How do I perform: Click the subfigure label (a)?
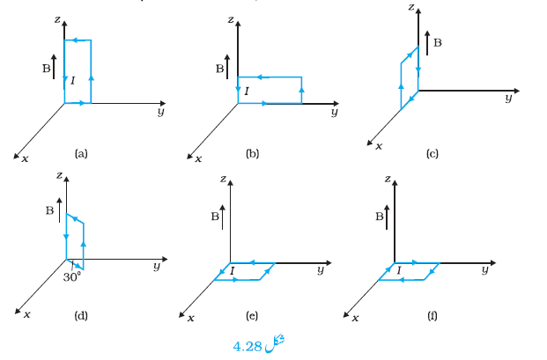(x=81, y=154)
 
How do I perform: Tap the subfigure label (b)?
(x=252, y=154)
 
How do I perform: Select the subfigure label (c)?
(x=432, y=154)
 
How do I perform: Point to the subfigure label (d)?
(x=81, y=316)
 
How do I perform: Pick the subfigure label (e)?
(x=252, y=316)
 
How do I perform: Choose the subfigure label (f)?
(x=432, y=316)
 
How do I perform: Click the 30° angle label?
(x=72, y=277)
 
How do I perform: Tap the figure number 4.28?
(x=247, y=347)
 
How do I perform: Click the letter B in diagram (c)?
(x=438, y=42)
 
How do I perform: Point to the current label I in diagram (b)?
(x=247, y=92)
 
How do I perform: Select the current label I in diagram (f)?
(x=399, y=270)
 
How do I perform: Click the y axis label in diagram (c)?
(x=509, y=98)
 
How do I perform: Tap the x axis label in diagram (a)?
(x=25, y=159)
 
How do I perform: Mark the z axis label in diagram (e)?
(x=223, y=179)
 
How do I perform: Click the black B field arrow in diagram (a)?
(x=54, y=67)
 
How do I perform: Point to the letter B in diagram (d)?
(x=49, y=210)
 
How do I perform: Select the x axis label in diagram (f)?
(x=355, y=318)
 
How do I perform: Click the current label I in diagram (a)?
(x=72, y=81)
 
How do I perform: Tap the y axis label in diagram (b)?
(x=335, y=112)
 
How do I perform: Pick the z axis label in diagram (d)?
(x=59, y=174)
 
